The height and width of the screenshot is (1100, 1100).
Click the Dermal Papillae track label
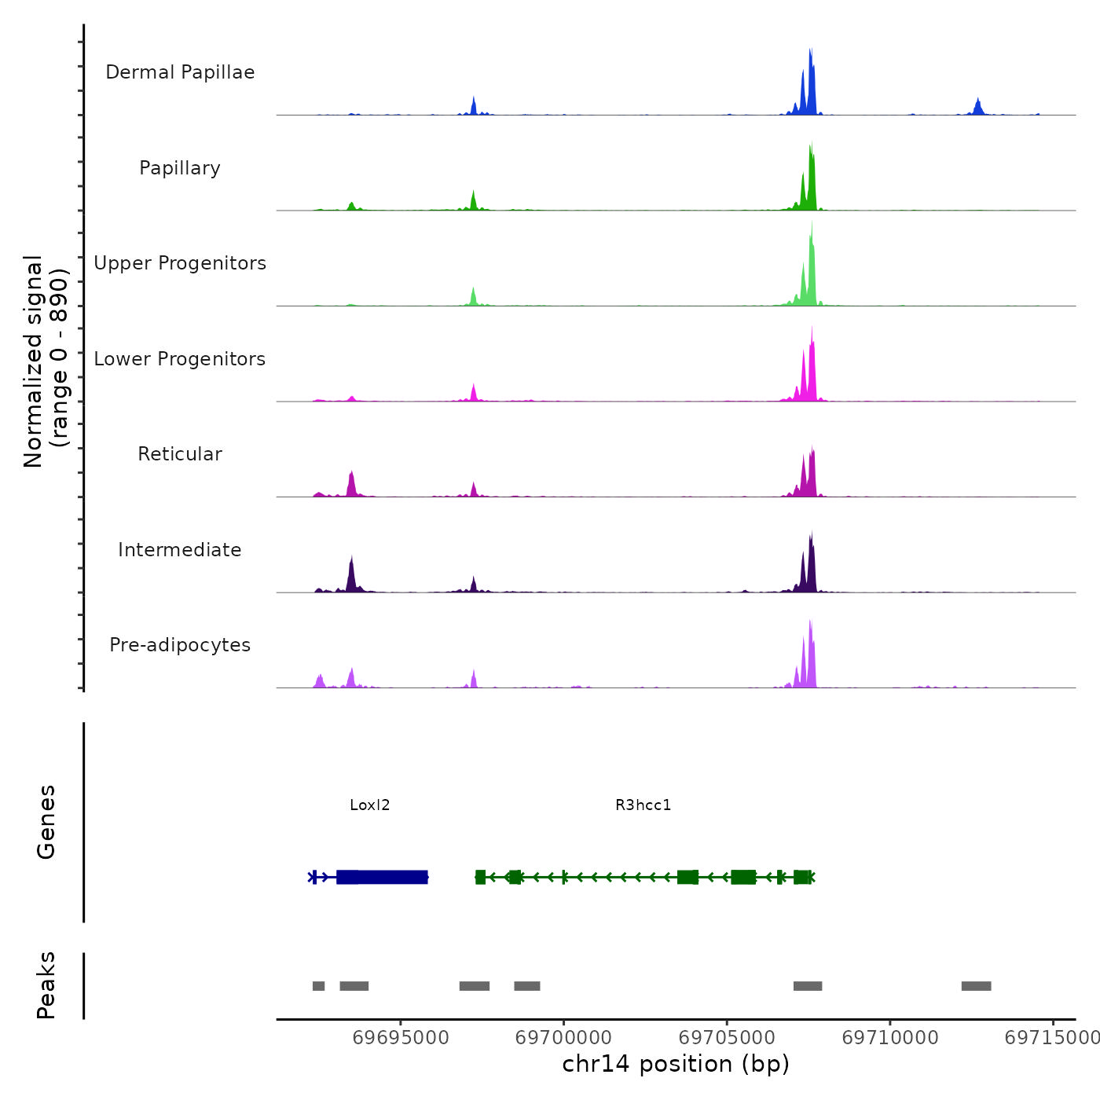[180, 72]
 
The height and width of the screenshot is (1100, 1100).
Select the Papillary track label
[180, 168]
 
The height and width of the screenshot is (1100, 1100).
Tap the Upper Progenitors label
[180, 263]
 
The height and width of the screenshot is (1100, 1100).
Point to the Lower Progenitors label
[180, 359]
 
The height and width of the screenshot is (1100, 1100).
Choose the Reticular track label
[180, 454]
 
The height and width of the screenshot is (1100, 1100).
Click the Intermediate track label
[180, 550]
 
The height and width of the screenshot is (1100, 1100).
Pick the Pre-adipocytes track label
[180, 645]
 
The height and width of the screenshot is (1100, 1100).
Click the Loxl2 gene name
[370, 805]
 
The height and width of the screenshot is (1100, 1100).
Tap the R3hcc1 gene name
[643, 805]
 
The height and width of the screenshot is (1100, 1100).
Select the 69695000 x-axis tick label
[401, 1038]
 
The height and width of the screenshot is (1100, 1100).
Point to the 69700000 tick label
[564, 1038]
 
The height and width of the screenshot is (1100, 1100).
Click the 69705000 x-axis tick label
[728, 1038]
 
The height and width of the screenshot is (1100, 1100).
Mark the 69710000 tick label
[890, 1038]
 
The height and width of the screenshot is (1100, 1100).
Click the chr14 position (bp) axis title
[676, 1064]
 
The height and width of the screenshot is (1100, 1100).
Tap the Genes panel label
[46, 822]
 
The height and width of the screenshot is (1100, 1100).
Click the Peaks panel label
[46, 985]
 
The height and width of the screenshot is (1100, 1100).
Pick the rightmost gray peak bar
[976, 986]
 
